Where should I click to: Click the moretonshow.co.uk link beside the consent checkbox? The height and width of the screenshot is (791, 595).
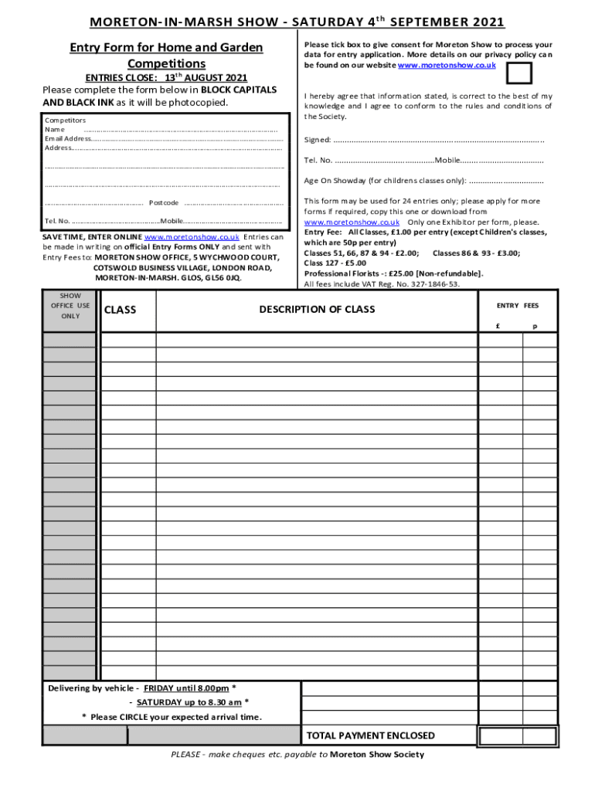pyautogui.click(x=446, y=66)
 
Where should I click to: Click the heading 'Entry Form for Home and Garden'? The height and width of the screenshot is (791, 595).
pyautogui.click(x=166, y=48)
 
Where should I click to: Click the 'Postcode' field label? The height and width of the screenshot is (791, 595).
pyautogui.click(x=164, y=203)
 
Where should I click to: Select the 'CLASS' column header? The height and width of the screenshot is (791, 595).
pyautogui.click(x=120, y=310)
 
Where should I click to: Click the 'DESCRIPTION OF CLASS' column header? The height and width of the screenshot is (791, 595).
pyautogui.click(x=317, y=310)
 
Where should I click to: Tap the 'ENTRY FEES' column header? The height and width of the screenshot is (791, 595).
pyautogui.click(x=518, y=306)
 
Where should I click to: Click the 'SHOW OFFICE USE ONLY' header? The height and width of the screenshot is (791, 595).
pyautogui.click(x=70, y=306)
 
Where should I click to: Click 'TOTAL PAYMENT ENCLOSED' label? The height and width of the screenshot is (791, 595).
pyautogui.click(x=370, y=735)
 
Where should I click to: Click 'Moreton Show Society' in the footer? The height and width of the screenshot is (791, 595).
pyautogui.click(x=376, y=755)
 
